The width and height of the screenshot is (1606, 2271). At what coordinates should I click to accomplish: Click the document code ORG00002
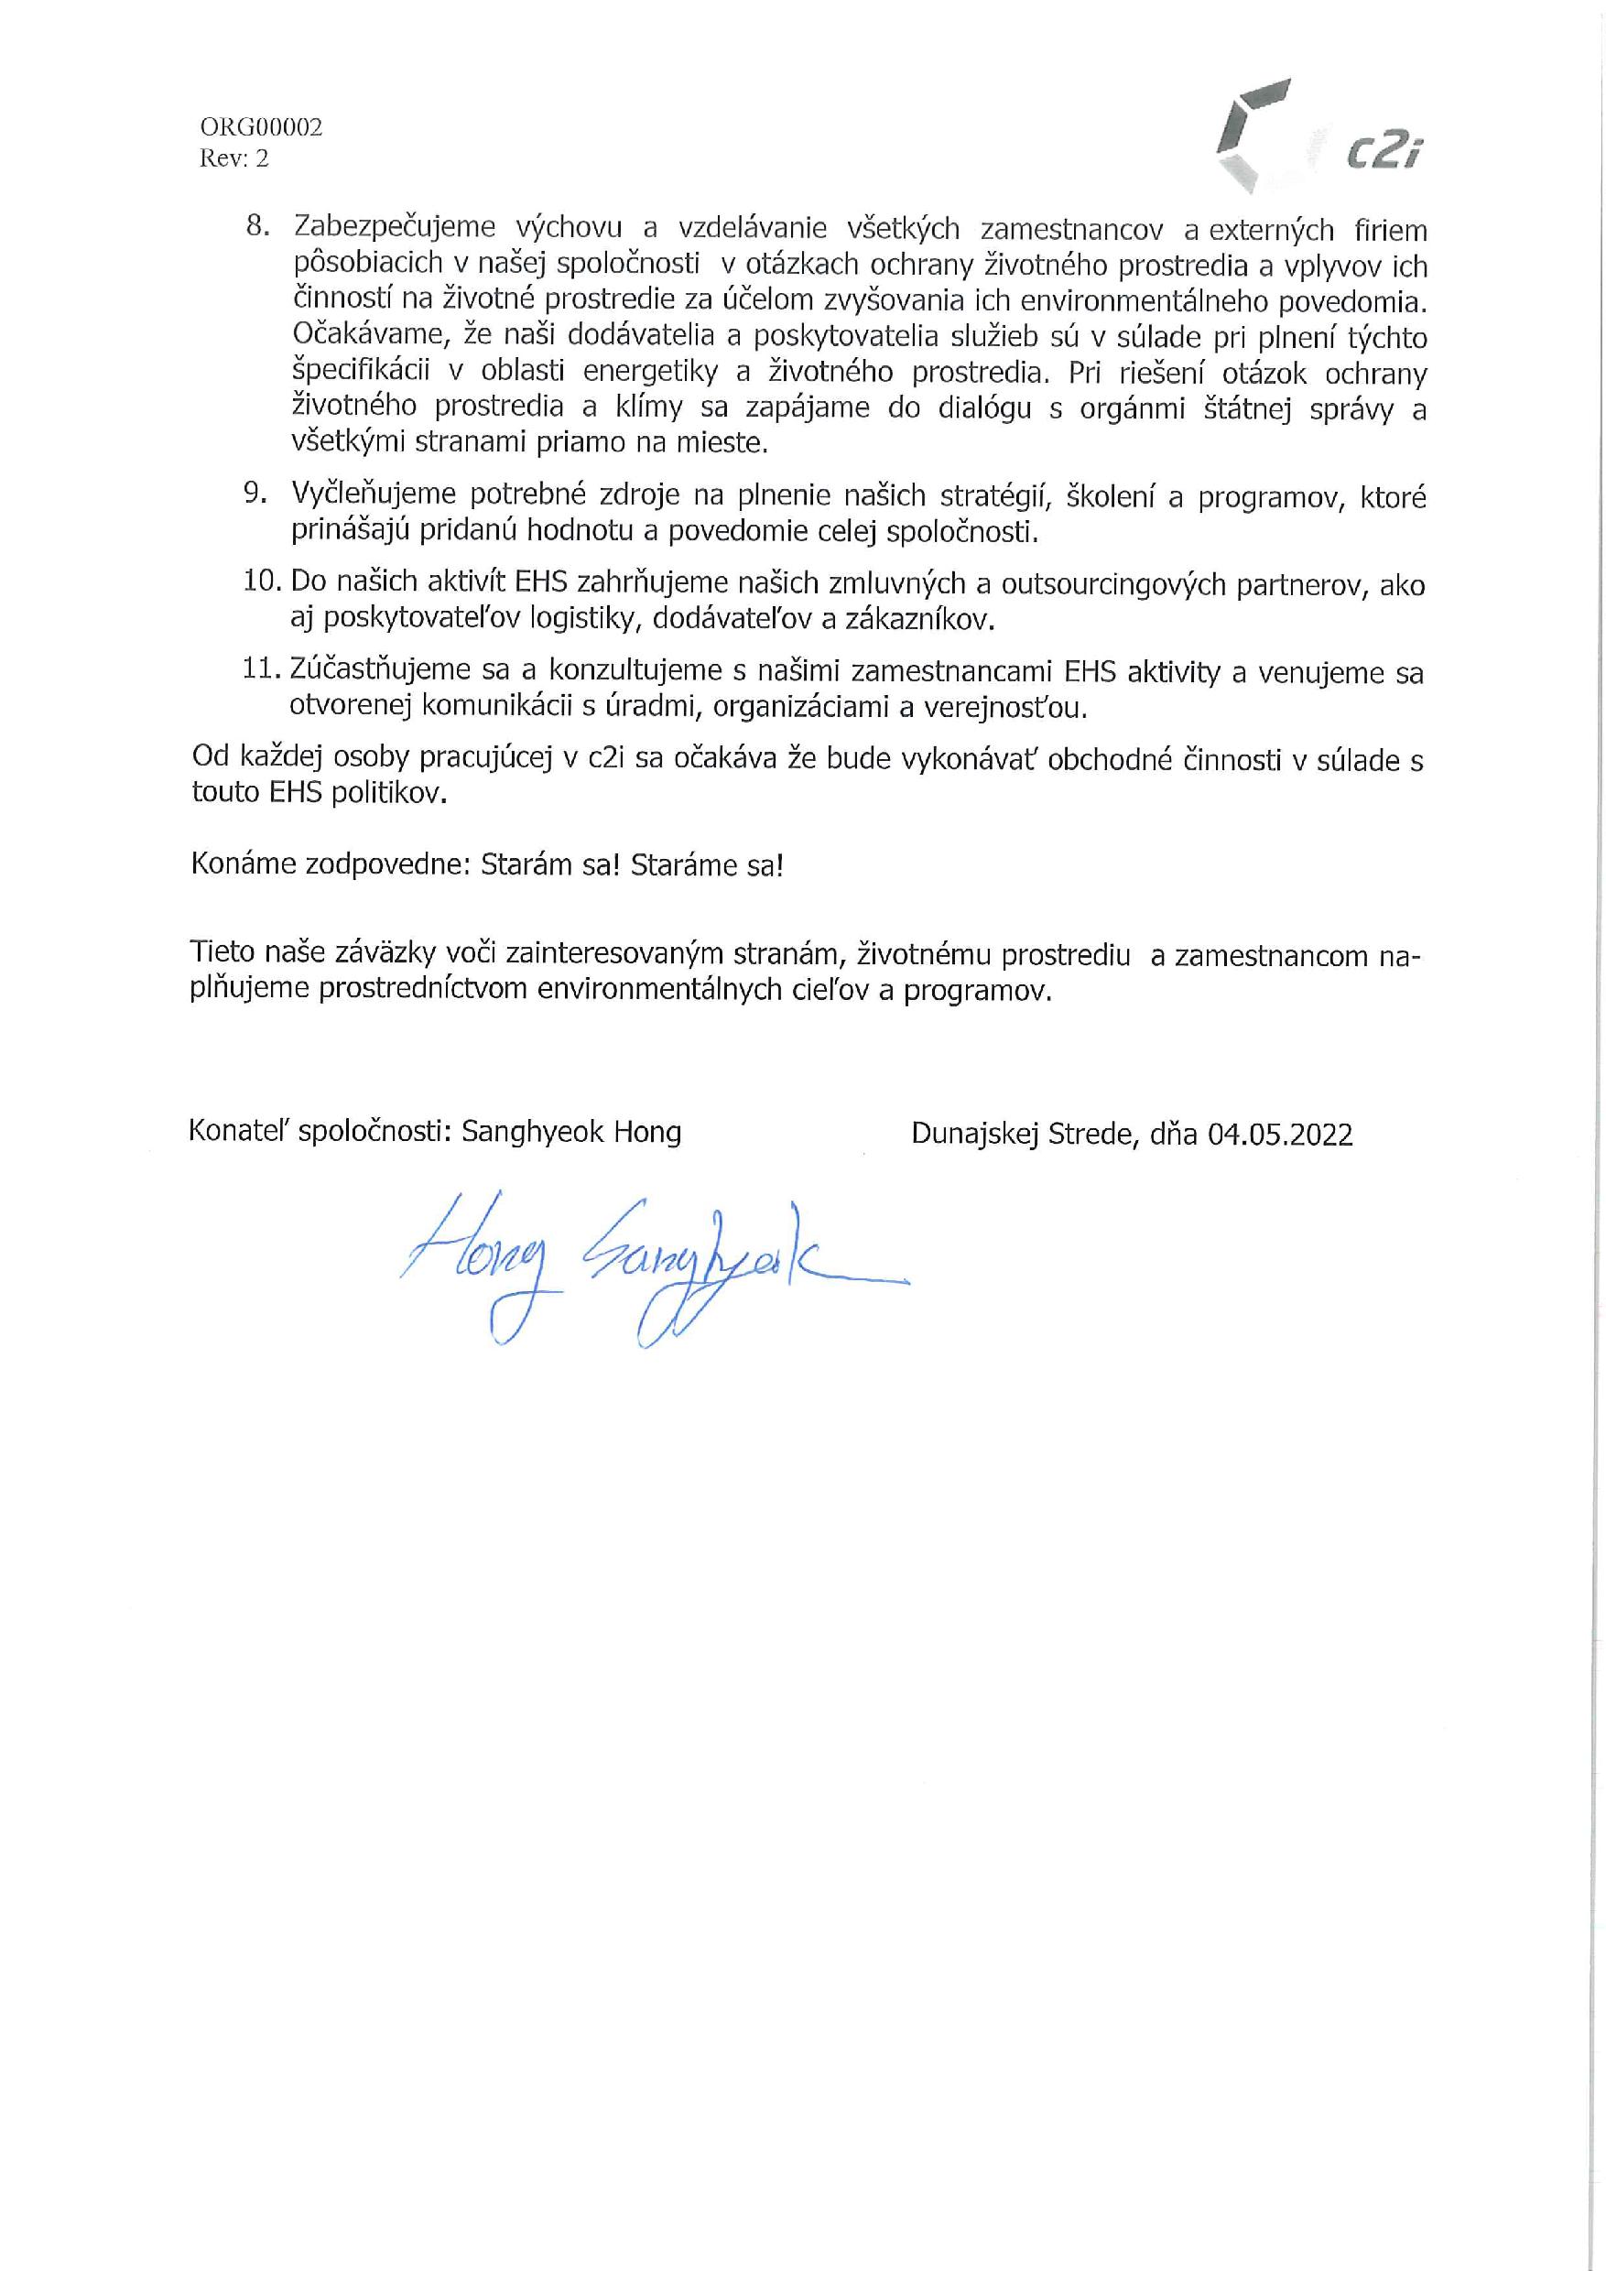(261, 127)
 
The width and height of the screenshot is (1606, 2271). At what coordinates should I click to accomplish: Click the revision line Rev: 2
(233, 158)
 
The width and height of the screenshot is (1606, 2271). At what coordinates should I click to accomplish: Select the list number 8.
(257, 226)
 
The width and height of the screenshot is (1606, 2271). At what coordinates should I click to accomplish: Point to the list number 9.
(255, 494)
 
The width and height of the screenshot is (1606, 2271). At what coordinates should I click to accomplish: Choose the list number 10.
(263, 581)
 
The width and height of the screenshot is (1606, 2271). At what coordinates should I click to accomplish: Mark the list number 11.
(262, 669)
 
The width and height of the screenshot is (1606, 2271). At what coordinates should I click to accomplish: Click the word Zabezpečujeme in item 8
(395, 227)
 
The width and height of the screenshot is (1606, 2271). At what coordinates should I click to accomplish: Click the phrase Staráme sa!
(708, 865)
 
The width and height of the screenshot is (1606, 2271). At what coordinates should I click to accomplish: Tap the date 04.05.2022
(1280, 1134)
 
